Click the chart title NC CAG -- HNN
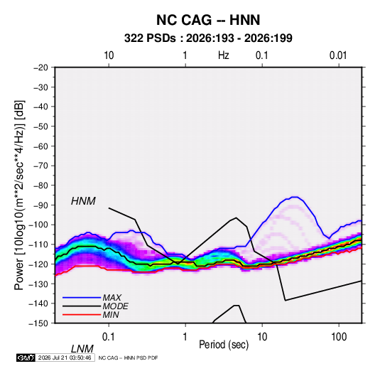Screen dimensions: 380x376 coord(208,20)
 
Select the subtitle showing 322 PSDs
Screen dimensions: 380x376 coord(208,38)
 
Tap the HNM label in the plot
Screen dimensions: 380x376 coord(83,201)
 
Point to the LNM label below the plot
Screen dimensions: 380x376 coord(82,349)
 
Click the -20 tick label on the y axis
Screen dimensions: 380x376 coord(40,68)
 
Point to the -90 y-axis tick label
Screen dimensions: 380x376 coord(40,205)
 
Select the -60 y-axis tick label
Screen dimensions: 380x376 coord(40,146)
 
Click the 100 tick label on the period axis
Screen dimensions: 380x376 coord(339,337)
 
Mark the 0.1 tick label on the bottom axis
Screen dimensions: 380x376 coord(109,337)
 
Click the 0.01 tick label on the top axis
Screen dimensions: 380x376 coord(338,55)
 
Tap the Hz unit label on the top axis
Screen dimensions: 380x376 coord(224,55)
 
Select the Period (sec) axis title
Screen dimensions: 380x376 coord(224,345)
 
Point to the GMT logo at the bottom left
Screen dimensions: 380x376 coord(26,358)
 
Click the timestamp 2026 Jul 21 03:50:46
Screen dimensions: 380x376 coord(65,358)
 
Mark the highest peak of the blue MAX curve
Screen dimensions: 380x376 coord(295,197)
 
